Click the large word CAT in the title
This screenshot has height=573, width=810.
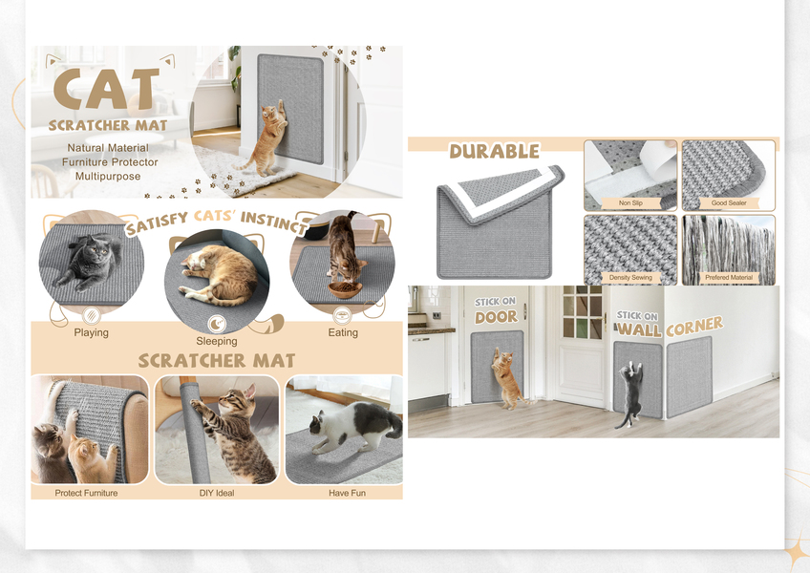click(x=107, y=89)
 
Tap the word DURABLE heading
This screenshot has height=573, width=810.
click(x=495, y=151)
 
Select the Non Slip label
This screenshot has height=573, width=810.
click(x=630, y=203)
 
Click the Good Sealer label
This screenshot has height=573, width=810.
click(x=729, y=203)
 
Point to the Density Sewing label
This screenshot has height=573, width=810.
click(x=630, y=278)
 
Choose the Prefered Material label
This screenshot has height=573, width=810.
click(x=729, y=278)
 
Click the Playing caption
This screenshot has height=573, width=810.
click(x=91, y=332)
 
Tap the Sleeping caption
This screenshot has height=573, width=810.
click(x=217, y=341)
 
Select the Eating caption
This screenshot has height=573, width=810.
click(x=343, y=332)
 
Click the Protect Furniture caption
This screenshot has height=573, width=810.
click(x=86, y=493)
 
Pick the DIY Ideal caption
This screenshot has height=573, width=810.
click(x=217, y=493)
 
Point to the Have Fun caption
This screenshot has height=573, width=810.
click(x=347, y=493)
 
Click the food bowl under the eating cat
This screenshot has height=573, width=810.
click(x=345, y=289)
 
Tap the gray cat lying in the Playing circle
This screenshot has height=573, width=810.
click(x=88, y=261)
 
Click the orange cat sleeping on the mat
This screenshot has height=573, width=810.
click(x=220, y=274)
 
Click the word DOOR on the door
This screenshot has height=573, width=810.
click(x=496, y=317)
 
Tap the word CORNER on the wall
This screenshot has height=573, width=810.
click(x=694, y=326)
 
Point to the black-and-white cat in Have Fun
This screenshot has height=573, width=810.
click(x=355, y=426)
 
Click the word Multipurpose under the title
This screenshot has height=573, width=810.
click(x=108, y=176)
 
